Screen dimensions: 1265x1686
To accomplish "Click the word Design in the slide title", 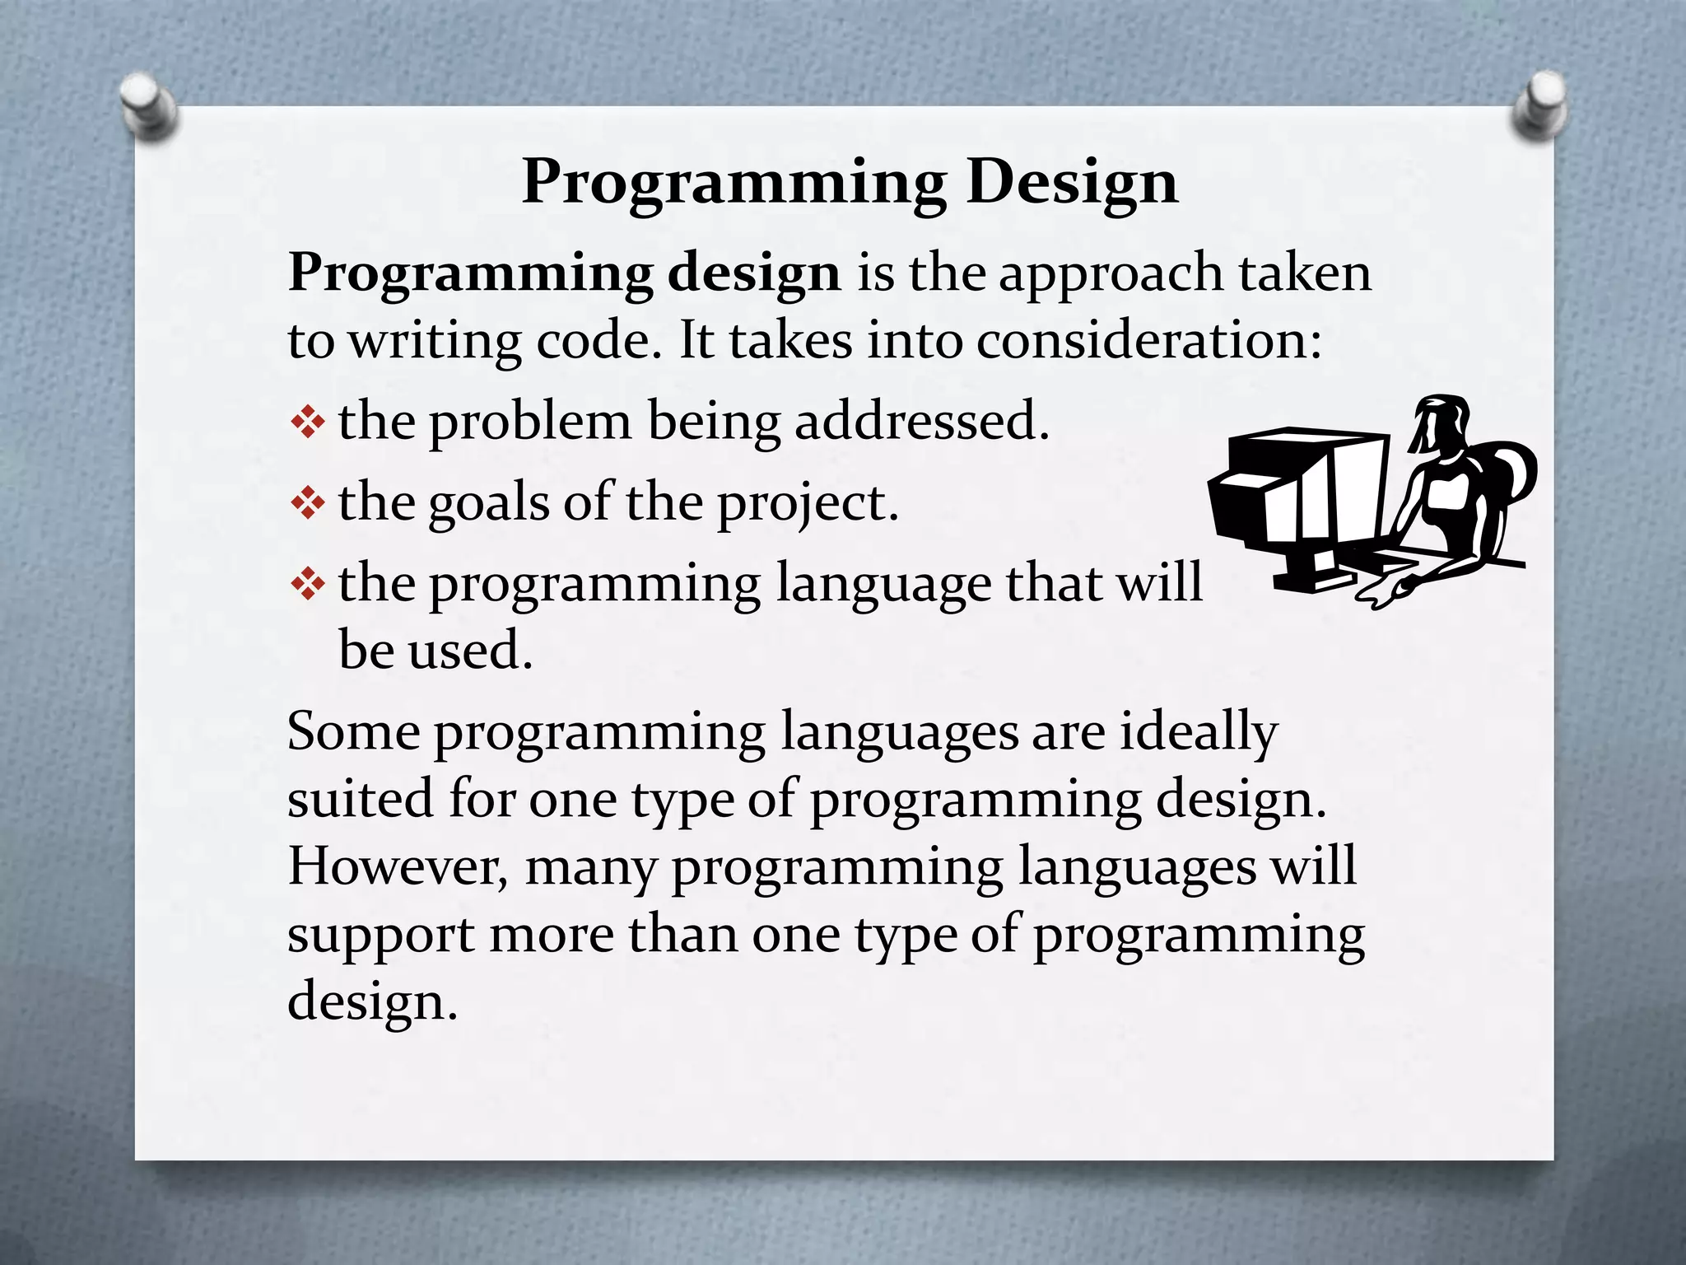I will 1072,183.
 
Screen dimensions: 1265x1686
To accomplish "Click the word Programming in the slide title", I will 734,183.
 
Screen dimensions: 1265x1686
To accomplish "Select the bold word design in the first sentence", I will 754,273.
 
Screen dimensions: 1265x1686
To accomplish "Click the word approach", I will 1111,273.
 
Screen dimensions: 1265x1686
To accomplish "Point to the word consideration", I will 1148,341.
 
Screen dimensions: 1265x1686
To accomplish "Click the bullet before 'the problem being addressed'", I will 308,424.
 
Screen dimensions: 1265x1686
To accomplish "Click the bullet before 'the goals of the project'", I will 308,504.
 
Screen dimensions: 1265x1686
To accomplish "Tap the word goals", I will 489,504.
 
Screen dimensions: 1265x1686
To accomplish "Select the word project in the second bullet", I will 807,504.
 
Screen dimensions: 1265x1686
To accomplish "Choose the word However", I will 397,866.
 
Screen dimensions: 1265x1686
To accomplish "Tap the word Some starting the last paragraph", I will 354,731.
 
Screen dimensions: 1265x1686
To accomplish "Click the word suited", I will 360,799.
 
